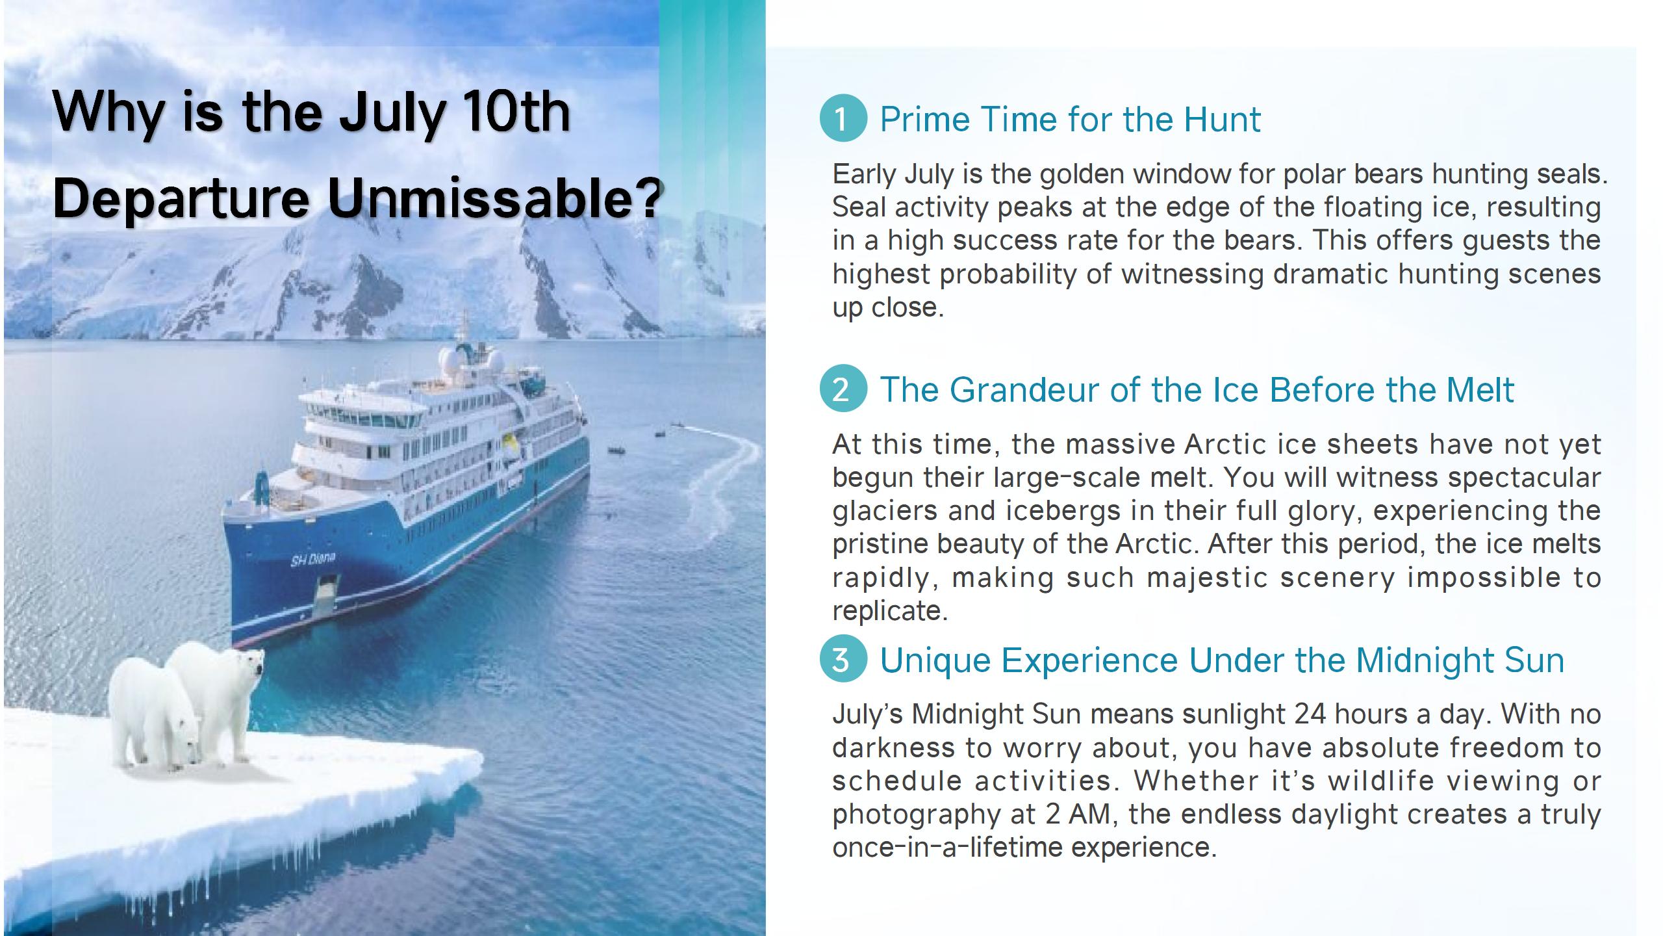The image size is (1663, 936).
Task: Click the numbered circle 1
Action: coord(843,118)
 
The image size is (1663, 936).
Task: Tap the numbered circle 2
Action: coord(843,389)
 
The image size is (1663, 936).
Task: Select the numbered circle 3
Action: coord(843,659)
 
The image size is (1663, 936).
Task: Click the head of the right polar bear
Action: coord(249,665)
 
